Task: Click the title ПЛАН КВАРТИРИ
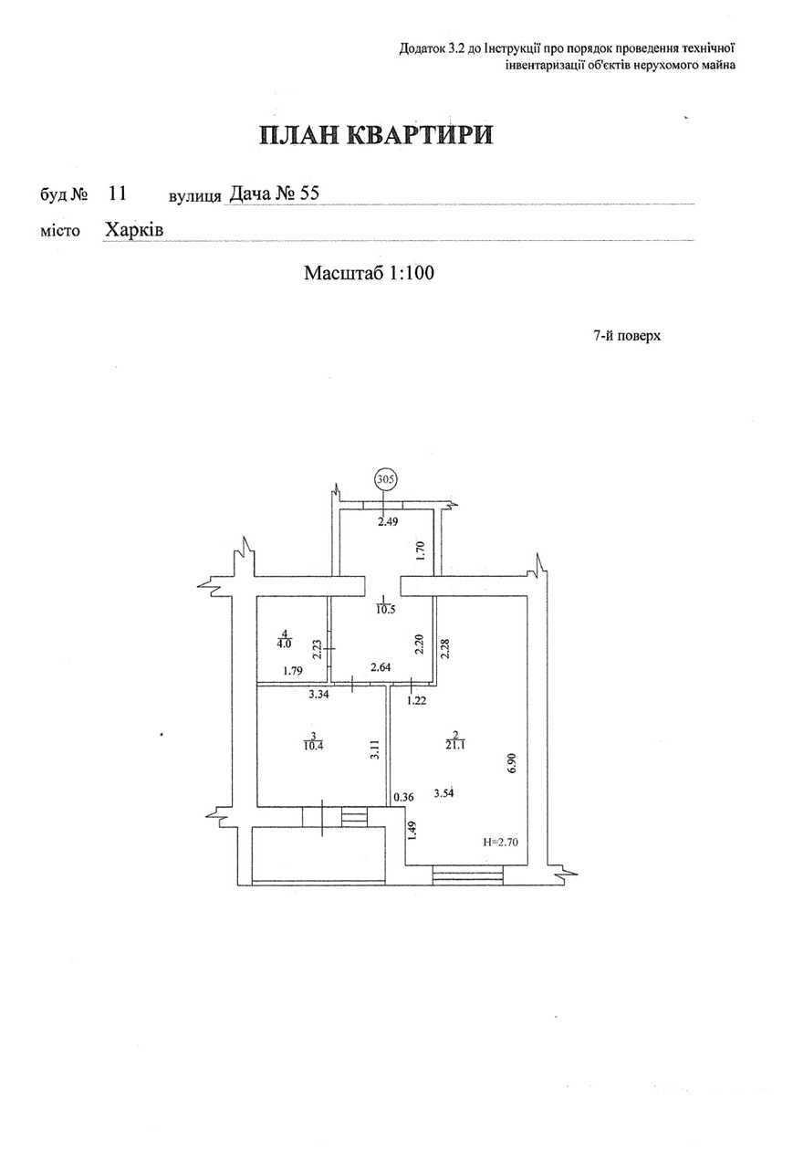coord(376,135)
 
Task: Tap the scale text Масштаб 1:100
coord(369,273)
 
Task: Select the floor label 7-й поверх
coord(627,336)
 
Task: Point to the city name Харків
coord(134,229)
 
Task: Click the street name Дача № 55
coord(274,194)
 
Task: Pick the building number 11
coord(117,194)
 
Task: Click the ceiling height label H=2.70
coord(500,843)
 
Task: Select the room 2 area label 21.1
coord(455,745)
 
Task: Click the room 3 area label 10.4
coord(313,745)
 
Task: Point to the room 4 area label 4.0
coord(285,643)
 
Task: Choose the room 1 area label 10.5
coord(386,610)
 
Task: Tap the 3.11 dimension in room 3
coord(375,749)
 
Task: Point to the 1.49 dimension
coord(412,830)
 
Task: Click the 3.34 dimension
coord(318,695)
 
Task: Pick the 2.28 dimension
coord(445,649)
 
